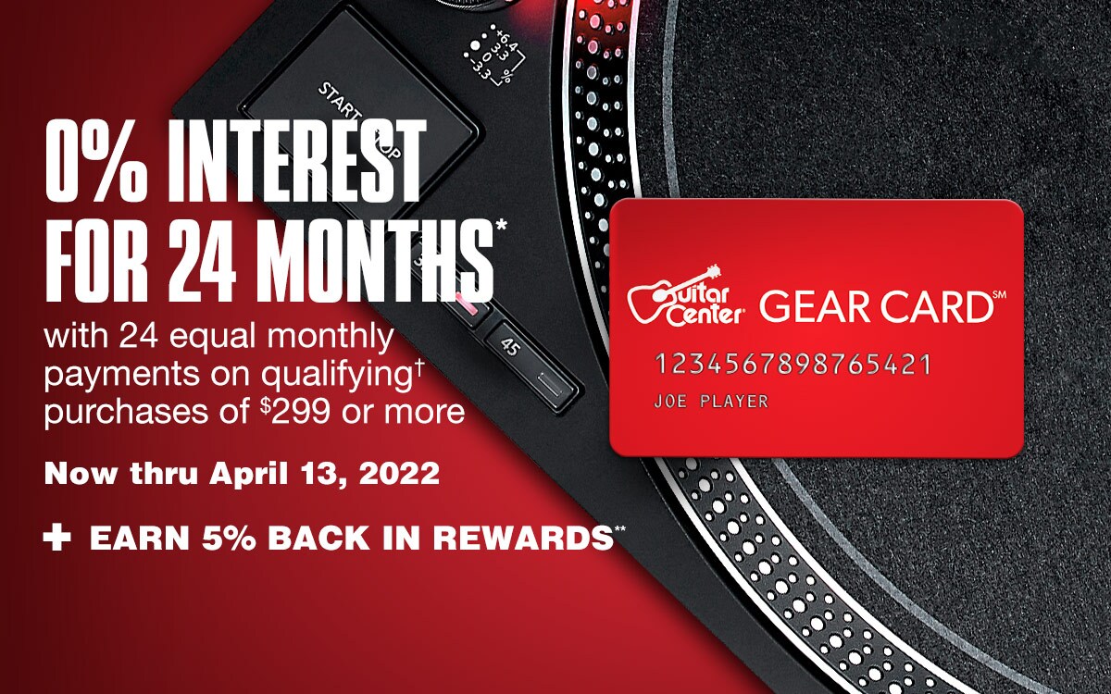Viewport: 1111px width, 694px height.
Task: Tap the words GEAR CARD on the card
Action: pos(877,307)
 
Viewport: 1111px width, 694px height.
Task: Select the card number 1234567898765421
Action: pos(793,365)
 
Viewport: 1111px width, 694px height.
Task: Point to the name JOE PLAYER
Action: pos(711,401)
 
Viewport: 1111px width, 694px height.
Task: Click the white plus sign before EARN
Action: pos(57,539)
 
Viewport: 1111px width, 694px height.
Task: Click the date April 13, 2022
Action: pos(325,474)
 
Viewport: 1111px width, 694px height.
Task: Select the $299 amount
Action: pos(296,411)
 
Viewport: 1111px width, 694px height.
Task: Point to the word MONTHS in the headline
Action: pos(381,260)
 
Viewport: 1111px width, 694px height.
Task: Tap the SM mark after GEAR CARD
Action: pos(1000,295)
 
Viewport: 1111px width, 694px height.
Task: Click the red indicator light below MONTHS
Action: pos(467,304)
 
